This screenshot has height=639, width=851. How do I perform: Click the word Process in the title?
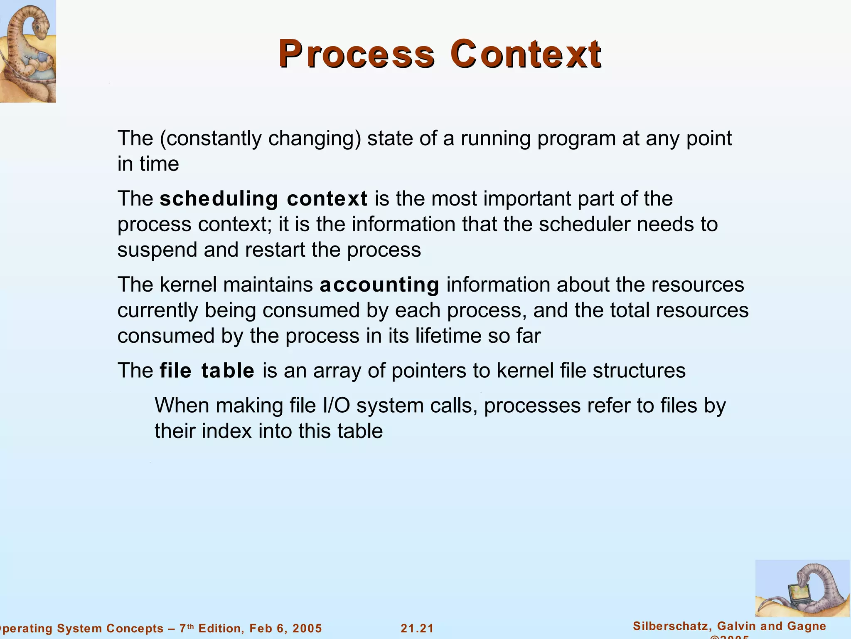[357, 54]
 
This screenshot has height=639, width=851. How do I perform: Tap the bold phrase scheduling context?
[263, 198]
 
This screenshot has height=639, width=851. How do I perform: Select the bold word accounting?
[379, 285]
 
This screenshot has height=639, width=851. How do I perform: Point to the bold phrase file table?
[207, 370]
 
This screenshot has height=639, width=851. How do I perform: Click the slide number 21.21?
[417, 628]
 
